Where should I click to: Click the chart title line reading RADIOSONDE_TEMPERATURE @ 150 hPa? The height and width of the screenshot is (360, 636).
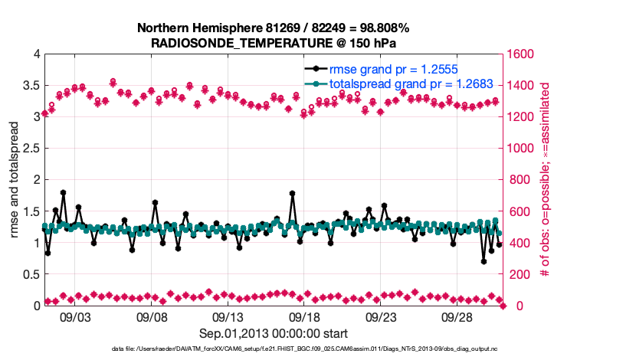(x=273, y=43)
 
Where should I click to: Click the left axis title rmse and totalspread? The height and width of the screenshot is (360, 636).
(x=15, y=180)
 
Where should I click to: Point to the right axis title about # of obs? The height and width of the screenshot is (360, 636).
(x=546, y=180)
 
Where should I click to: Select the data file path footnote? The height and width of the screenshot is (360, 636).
(x=274, y=349)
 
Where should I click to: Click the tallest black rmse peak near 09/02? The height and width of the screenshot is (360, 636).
(x=63, y=193)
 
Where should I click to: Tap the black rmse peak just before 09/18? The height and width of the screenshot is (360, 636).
(x=292, y=194)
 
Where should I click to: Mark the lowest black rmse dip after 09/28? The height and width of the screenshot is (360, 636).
(x=484, y=261)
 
